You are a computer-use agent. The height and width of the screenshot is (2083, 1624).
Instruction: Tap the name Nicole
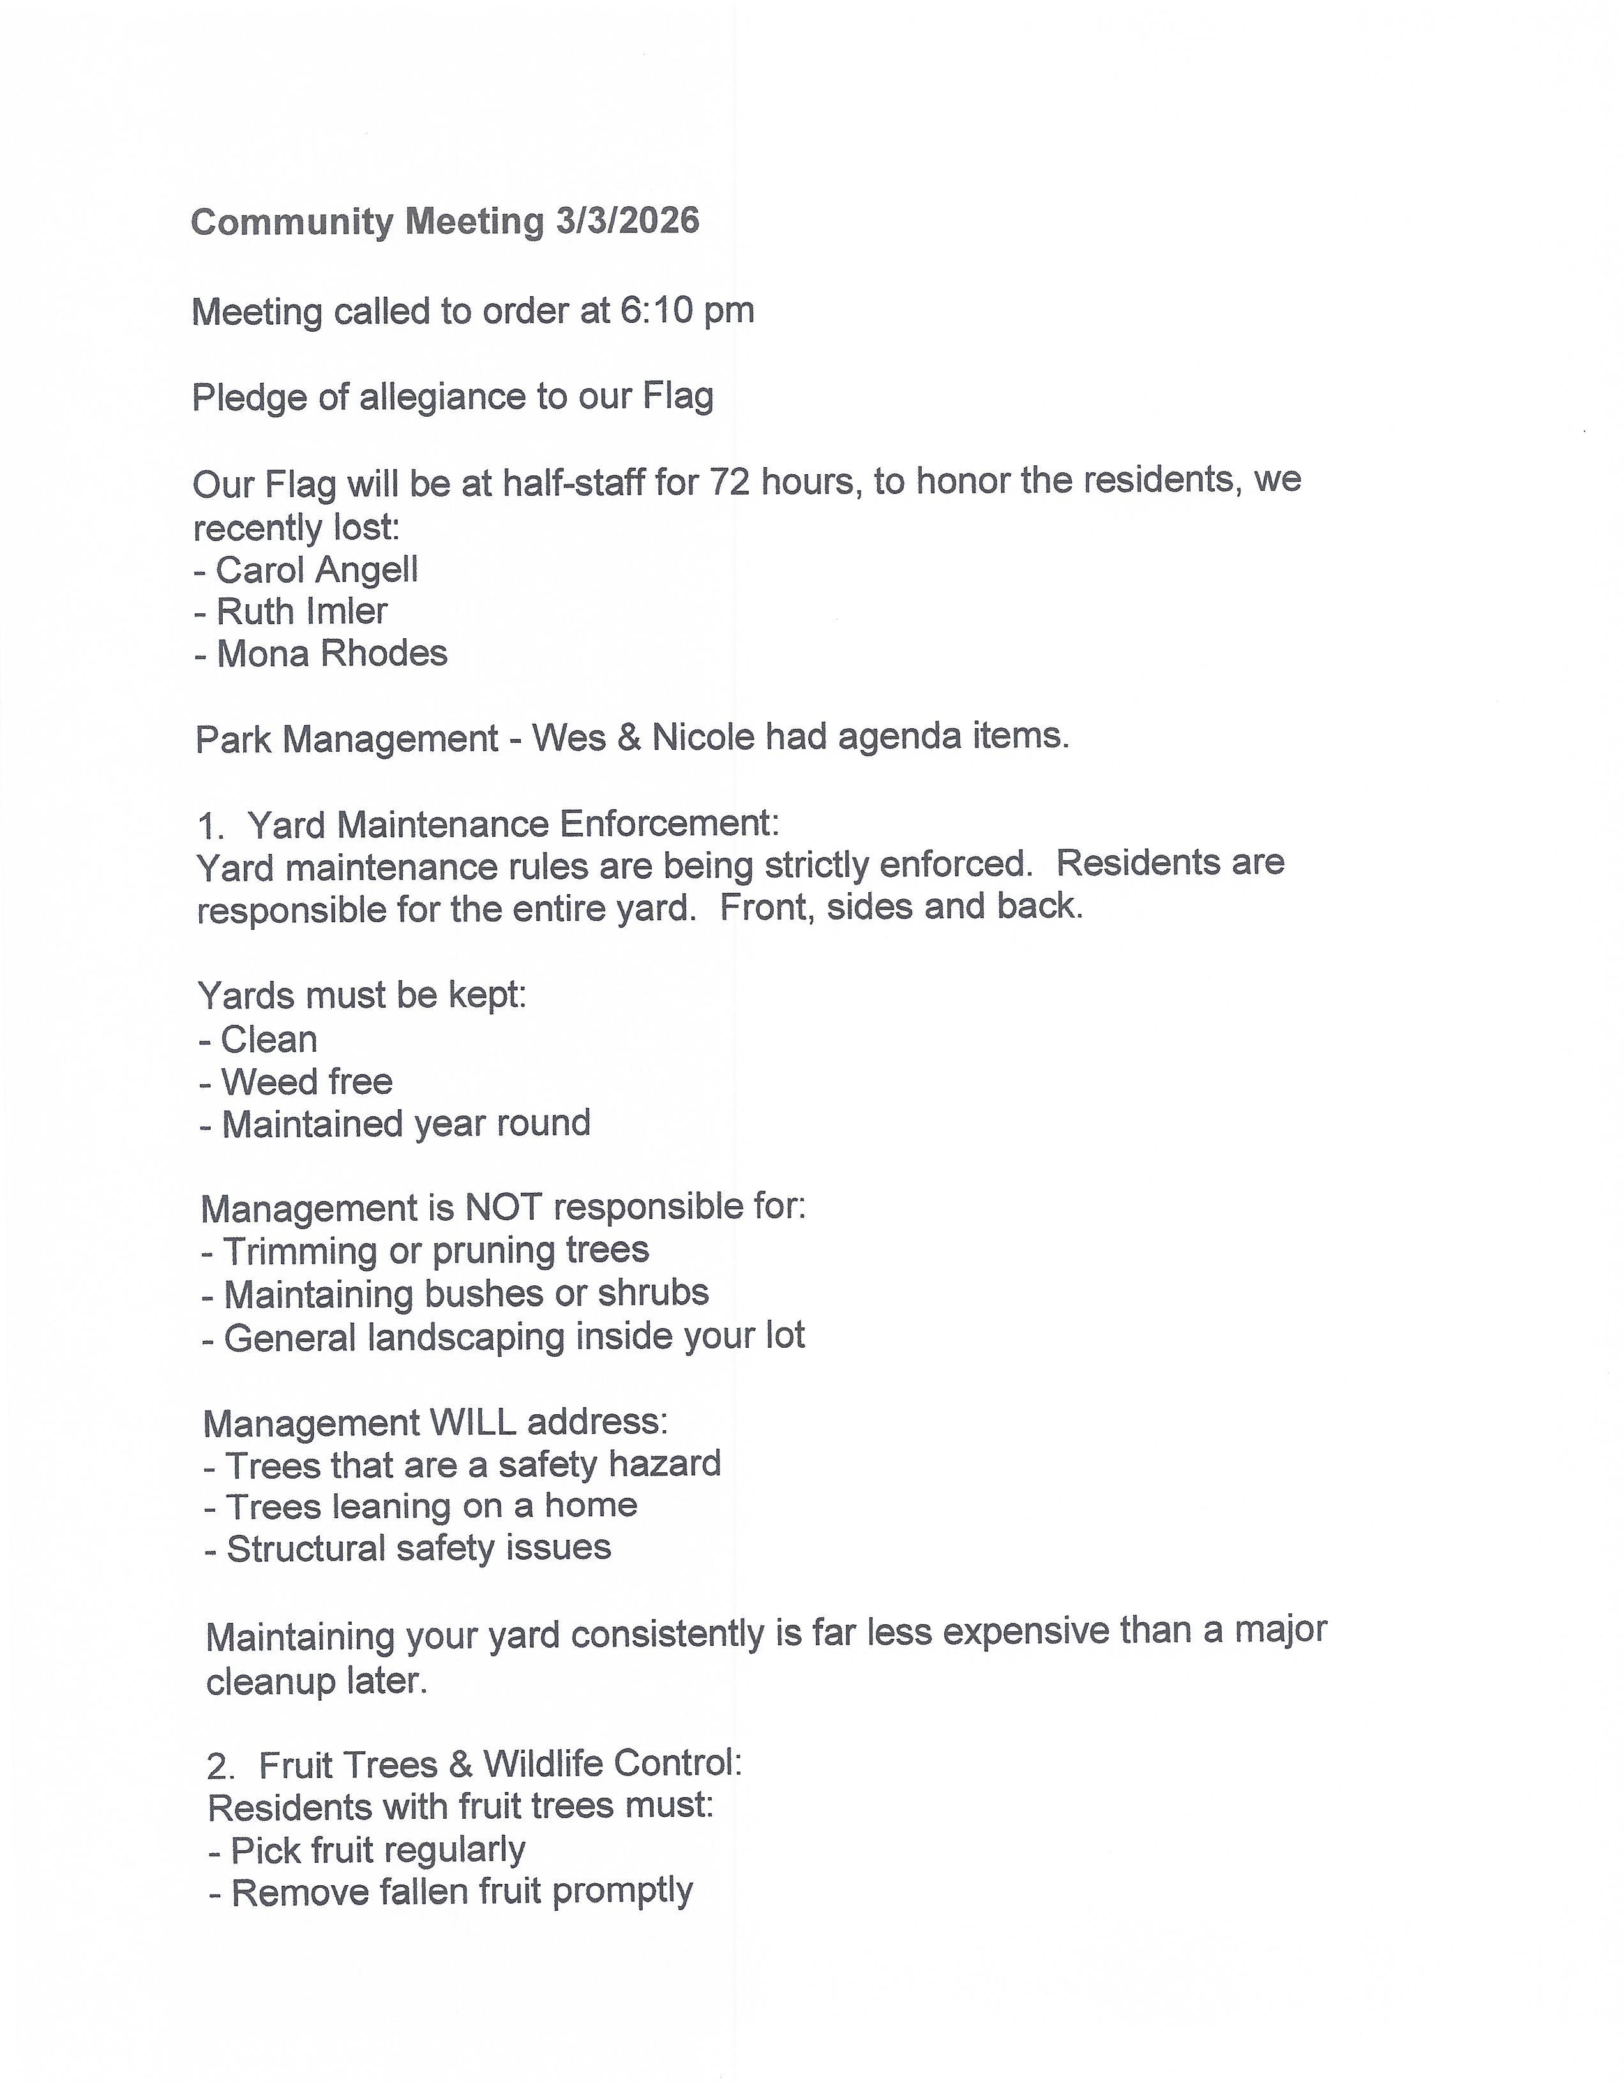click(703, 737)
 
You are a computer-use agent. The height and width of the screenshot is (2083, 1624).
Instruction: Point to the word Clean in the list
click(269, 1040)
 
